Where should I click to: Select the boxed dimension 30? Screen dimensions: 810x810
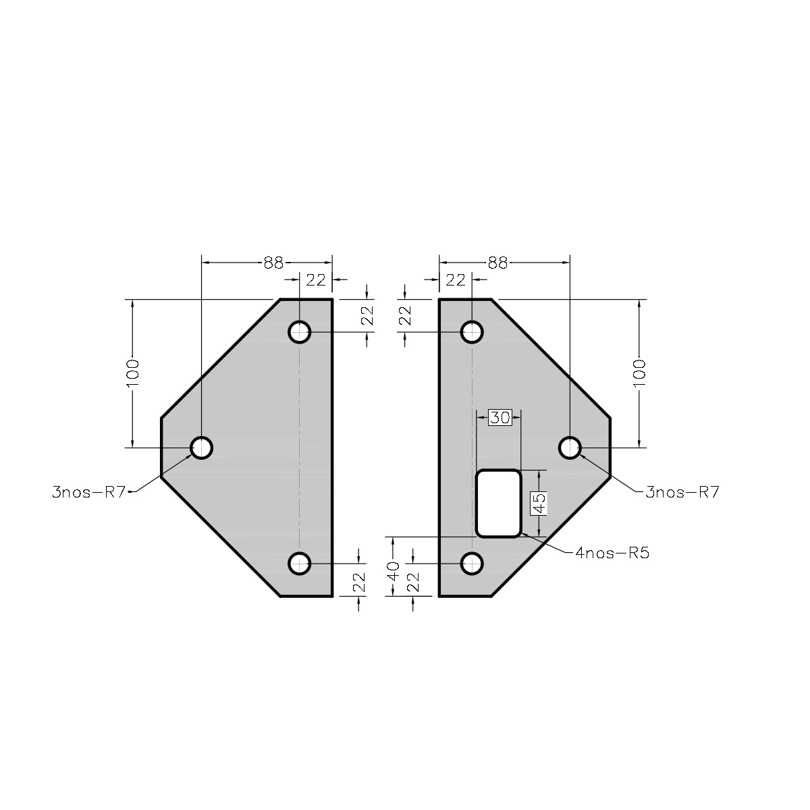point(500,417)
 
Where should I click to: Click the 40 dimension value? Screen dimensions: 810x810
point(394,571)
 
